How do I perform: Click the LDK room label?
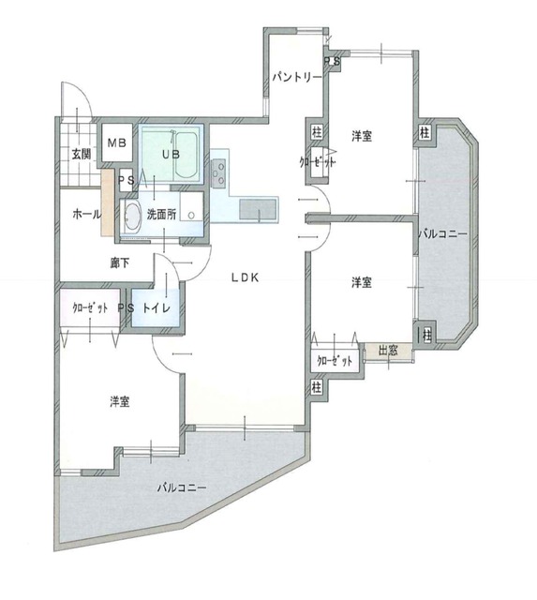click(246, 277)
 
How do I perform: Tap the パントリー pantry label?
click(297, 77)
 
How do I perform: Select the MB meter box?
click(116, 142)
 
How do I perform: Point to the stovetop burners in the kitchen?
click(218, 173)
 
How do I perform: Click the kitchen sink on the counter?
click(258, 209)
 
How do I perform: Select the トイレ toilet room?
click(155, 307)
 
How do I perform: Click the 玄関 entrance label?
click(82, 154)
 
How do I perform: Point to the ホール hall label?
click(87, 214)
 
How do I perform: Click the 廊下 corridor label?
click(120, 262)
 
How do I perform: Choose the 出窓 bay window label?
click(388, 350)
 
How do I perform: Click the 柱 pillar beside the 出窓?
click(426, 336)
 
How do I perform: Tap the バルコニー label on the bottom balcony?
click(182, 487)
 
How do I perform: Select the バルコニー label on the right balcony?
click(442, 233)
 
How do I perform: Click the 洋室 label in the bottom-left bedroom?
click(120, 402)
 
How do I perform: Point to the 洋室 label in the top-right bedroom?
click(362, 136)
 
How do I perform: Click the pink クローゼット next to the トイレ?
click(90, 307)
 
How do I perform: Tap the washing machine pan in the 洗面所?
click(191, 206)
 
